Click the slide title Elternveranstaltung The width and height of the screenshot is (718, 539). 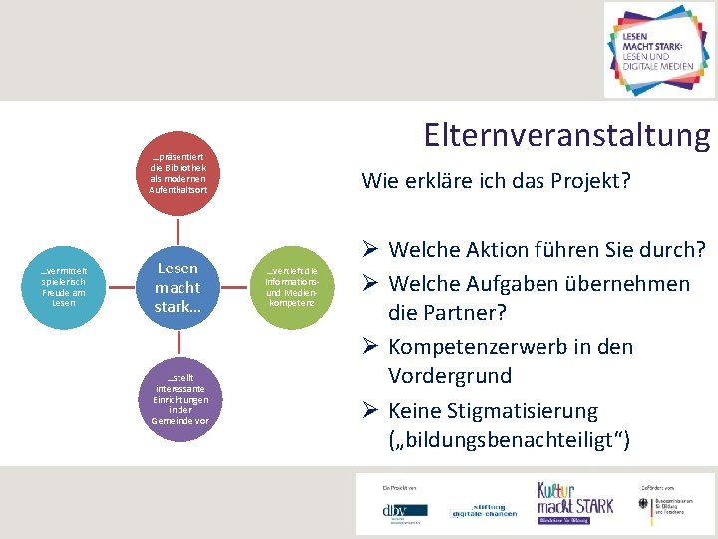[x=565, y=135]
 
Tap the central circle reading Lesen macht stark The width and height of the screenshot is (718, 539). [x=177, y=286]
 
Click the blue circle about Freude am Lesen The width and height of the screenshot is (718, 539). [x=63, y=287]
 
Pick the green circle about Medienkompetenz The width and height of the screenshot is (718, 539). [x=291, y=286]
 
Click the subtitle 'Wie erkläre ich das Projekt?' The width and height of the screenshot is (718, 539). [x=496, y=181]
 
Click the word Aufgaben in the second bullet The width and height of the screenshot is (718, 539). [x=507, y=283]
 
